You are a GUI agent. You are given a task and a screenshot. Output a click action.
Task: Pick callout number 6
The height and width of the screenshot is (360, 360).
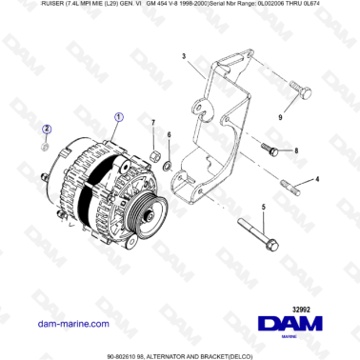coord(169,136)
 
